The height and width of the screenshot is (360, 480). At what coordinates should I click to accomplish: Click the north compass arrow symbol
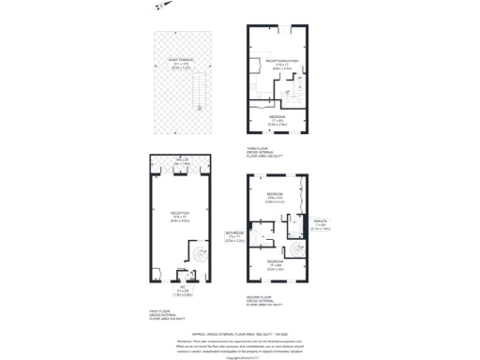[x=161, y=7]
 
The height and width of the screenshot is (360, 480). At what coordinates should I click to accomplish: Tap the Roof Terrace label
[x=181, y=64]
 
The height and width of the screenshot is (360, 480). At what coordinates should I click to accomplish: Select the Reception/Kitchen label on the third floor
[x=277, y=65]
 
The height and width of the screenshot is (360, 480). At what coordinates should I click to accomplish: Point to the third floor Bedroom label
[x=277, y=120]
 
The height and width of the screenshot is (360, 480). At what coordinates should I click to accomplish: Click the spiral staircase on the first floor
[x=200, y=254]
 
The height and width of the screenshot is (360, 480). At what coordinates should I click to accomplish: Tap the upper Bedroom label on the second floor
[x=275, y=199]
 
